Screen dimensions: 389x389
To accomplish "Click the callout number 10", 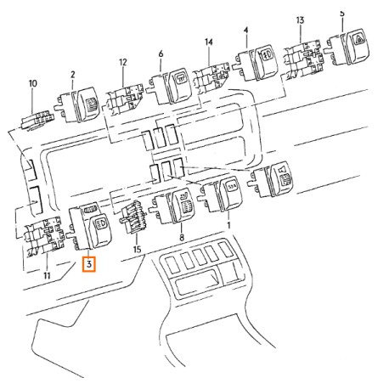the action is tap(33, 83).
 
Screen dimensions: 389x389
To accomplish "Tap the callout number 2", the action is tap(73, 75).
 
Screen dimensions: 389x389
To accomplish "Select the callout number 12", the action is tap(123, 62).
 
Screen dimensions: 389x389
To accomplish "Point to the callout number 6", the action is tap(161, 54).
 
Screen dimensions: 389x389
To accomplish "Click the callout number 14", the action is tap(209, 42).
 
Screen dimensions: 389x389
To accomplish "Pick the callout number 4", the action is tap(245, 30).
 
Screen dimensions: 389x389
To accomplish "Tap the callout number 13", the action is tap(300, 20).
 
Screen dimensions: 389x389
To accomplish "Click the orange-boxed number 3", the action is tap(89, 264).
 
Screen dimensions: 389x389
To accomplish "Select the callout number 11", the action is tap(47, 275).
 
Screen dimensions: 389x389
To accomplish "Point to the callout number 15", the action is tap(137, 250).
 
